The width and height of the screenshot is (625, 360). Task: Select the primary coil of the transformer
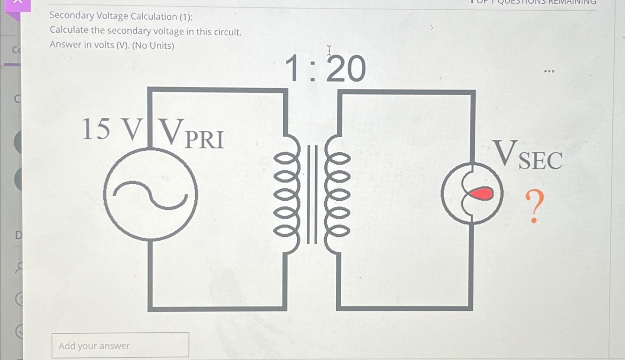(286, 194)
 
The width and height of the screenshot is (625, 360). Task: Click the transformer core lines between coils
(312, 194)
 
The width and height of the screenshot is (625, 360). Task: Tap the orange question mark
(534, 206)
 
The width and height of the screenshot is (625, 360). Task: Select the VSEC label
(527, 156)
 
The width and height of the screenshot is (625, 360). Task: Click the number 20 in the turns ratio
(346, 69)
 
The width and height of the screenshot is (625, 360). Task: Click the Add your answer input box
(120, 345)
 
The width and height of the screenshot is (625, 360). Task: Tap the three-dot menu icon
(549, 71)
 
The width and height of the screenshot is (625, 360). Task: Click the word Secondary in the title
(72, 16)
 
